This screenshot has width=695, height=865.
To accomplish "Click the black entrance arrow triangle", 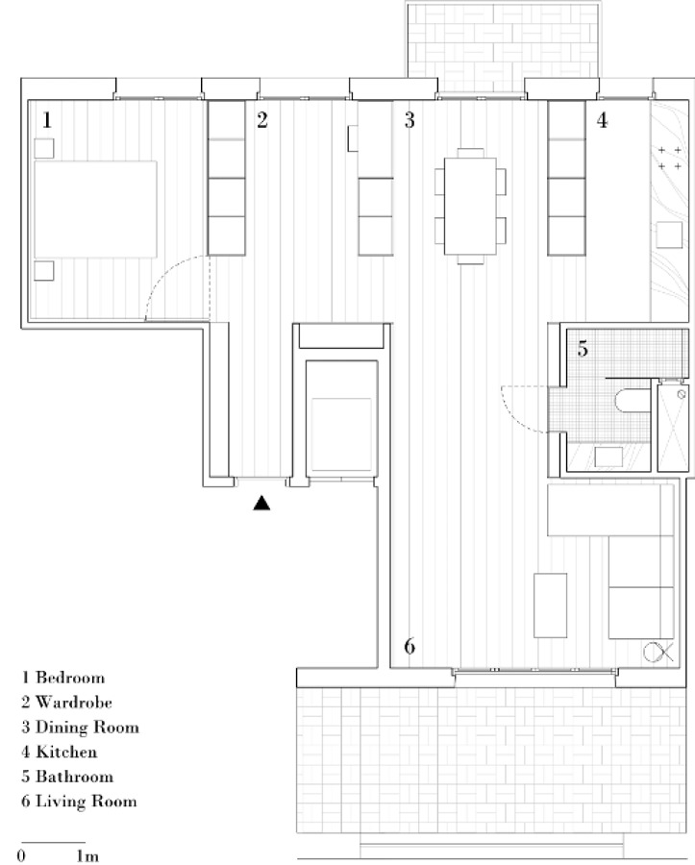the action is point(261,503).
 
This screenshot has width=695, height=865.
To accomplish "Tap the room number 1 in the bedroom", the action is point(47,120).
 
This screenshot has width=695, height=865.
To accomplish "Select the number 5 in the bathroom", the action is point(583,349).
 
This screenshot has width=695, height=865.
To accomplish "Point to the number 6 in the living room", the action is point(410,646).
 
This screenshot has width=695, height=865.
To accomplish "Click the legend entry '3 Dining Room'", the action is point(80,728).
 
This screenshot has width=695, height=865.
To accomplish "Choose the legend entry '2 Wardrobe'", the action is point(66,703).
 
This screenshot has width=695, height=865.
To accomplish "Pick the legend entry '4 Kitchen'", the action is point(59,752).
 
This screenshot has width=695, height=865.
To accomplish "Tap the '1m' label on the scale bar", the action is point(87,855).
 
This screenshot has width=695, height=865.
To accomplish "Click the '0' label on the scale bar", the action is point(21,855).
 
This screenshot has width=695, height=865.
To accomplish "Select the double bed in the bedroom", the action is point(95,210).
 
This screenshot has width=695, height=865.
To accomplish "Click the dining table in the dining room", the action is point(470,206).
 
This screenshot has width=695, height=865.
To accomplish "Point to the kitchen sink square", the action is point(669,235).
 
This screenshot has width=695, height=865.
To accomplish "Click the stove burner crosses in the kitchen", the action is point(670,158).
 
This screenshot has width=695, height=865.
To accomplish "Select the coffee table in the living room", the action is point(551,605).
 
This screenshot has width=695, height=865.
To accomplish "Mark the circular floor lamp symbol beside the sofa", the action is point(654,653).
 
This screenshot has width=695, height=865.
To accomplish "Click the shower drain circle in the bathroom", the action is point(682,394).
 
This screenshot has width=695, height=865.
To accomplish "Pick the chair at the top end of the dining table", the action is point(470,153).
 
